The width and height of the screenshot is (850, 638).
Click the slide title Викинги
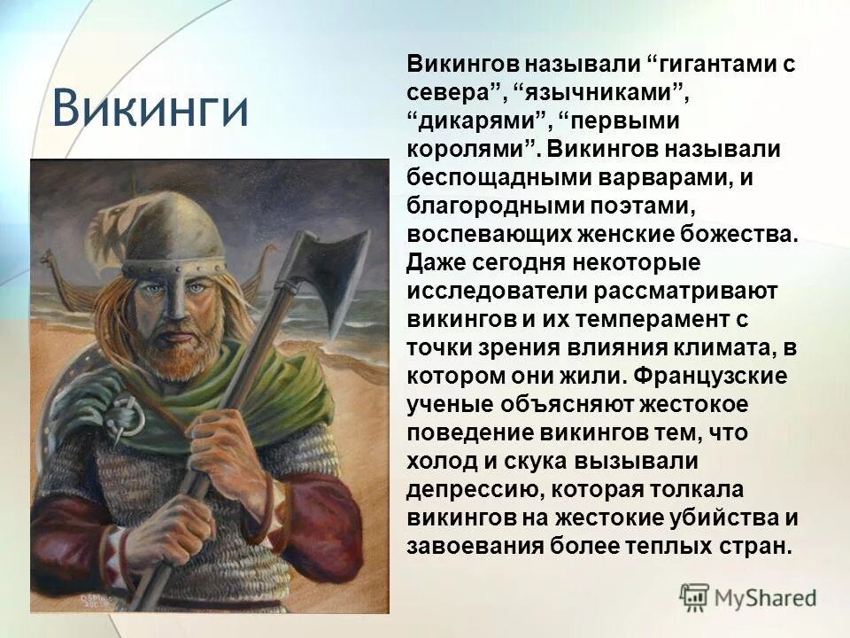pos(150,108)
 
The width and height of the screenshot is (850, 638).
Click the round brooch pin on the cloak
pos(125,413)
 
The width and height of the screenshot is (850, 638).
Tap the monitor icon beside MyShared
pos(695,596)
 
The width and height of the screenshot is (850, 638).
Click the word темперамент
pos(678,320)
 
